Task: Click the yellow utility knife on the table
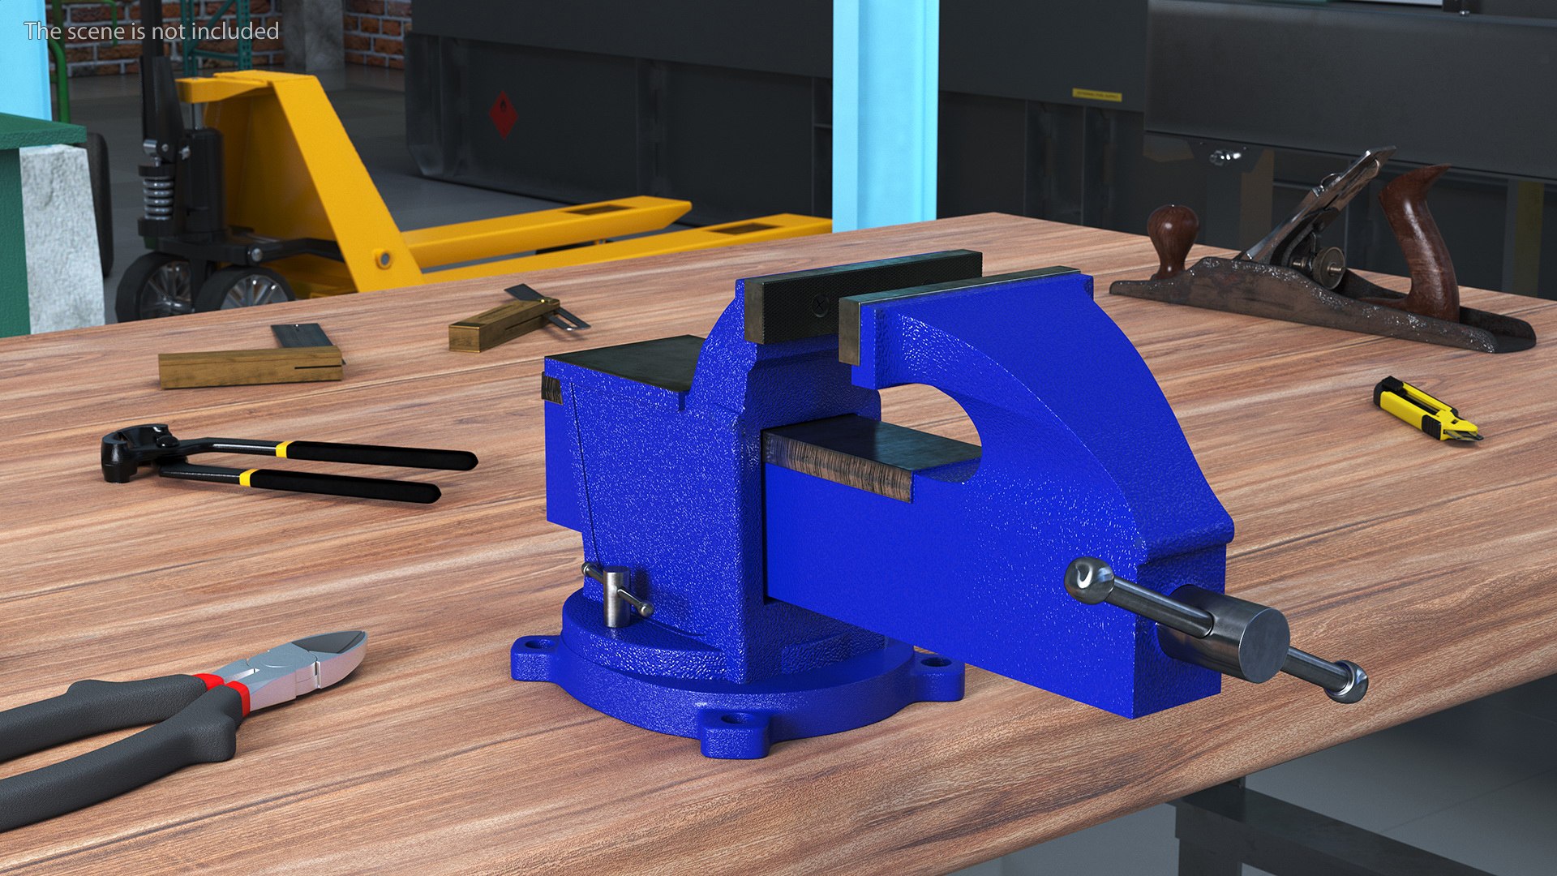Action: (1426, 410)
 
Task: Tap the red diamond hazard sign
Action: (503, 114)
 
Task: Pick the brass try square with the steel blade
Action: (251, 362)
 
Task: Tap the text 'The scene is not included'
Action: (152, 31)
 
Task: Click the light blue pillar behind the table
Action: (884, 114)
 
